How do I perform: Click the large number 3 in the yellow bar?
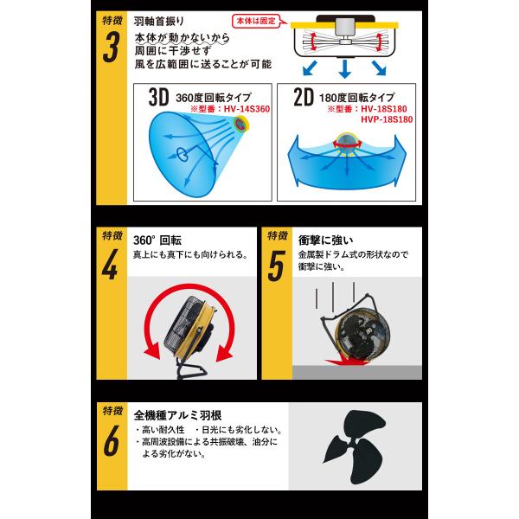tap(111, 48)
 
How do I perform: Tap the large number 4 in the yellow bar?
tap(110, 265)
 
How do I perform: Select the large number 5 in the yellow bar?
tap(276, 266)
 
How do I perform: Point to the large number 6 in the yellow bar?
tap(112, 440)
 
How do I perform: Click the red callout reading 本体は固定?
tap(256, 21)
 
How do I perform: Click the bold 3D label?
tap(158, 97)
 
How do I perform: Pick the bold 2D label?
tap(304, 97)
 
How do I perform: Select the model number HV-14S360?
tap(247, 109)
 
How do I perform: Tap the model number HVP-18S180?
tap(387, 119)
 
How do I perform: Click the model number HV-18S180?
tap(384, 109)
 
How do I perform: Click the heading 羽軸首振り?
tap(159, 22)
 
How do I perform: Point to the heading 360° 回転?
tap(157, 240)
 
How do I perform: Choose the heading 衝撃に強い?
tap(326, 240)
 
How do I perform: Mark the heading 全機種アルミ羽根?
tap(177, 415)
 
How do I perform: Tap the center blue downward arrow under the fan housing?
tap(344, 69)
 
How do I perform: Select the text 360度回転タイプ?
tap(214, 98)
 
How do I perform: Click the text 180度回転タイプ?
tap(356, 98)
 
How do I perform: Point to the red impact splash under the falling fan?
tap(348, 360)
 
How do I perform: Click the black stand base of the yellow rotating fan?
tap(191, 370)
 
